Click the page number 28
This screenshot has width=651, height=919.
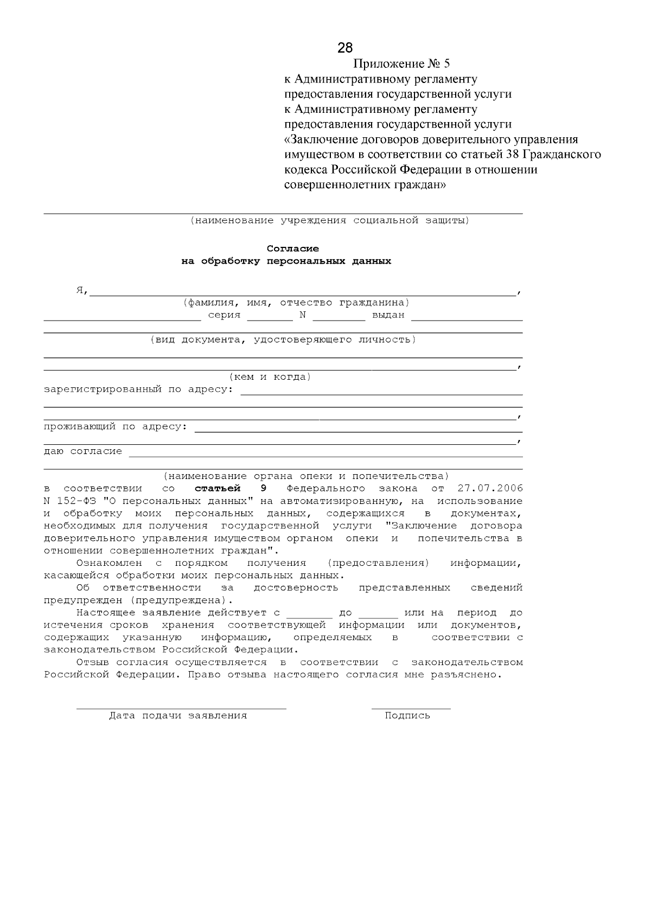tap(345, 48)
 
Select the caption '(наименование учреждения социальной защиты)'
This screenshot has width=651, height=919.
tap(329, 220)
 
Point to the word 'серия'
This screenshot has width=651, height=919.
tap(224, 315)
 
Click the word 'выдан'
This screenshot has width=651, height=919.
tap(388, 315)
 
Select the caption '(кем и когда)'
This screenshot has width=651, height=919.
tap(270, 376)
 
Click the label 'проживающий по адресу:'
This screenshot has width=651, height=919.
tap(115, 426)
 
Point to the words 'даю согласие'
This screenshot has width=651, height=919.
tap(82, 451)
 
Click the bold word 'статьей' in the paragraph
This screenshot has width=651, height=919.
tap(217, 488)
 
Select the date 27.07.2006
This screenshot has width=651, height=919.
tap(490, 488)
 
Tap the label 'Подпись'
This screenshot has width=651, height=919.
tap(407, 716)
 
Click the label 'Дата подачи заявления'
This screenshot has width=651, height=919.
tap(178, 716)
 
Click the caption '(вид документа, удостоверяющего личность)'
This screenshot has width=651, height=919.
tap(283, 340)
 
